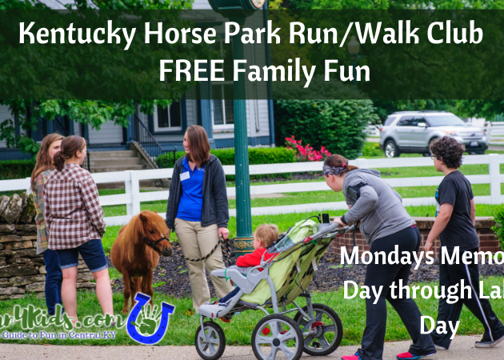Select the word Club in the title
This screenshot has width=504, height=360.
[x=456, y=34]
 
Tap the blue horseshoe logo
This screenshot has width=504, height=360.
[x=150, y=317]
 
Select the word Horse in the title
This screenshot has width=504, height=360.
[x=170, y=34]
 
